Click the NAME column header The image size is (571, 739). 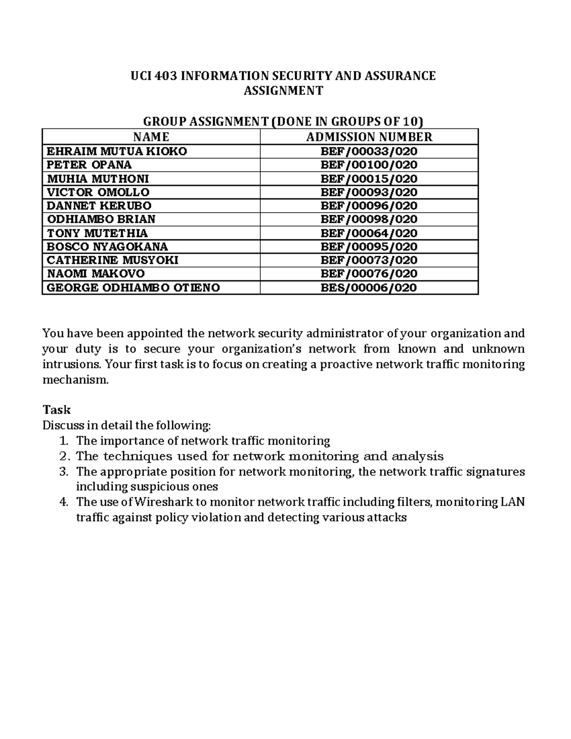(151, 137)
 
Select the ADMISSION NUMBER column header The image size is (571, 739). (369, 137)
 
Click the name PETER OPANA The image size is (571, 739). (89, 165)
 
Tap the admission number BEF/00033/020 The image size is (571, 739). (369, 151)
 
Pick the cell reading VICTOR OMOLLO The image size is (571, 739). (98, 192)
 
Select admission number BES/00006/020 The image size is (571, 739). (369, 287)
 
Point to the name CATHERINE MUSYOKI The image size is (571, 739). (112, 260)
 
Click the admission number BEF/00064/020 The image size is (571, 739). (369, 233)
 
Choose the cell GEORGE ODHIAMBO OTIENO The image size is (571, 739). (133, 287)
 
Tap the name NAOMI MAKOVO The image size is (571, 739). (96, 274)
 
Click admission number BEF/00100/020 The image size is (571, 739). (369, 165)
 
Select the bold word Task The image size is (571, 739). (56, 410)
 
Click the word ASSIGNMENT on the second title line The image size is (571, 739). (283, 90)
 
